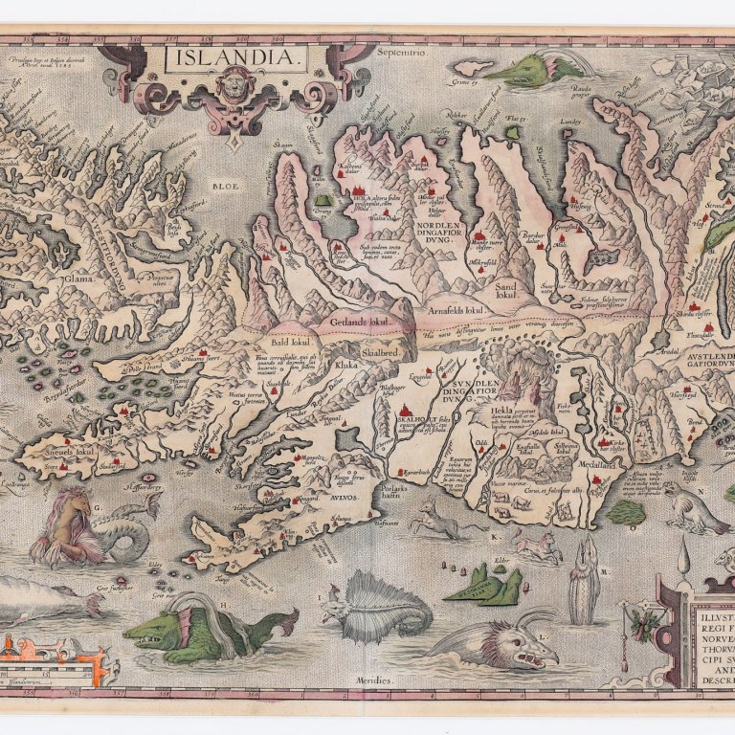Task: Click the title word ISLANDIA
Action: pyautogui.click(x=236, y=59)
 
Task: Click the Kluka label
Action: pyautogui.click(x=345, y=364)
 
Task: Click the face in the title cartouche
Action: pyautogui.click(x=235, y=101)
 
